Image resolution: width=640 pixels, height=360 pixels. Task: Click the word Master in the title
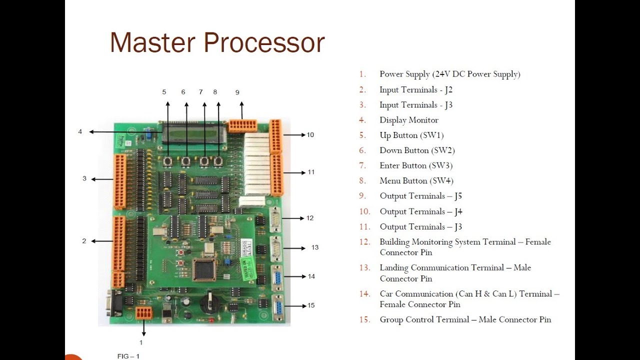152,42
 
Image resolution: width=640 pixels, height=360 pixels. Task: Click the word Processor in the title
263,42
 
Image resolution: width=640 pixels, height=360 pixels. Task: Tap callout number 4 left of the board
80,132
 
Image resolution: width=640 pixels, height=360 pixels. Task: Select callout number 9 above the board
237,92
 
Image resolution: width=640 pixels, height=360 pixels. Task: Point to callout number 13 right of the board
314,247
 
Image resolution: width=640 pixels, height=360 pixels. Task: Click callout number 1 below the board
141,342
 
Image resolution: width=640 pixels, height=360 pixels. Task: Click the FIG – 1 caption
128,356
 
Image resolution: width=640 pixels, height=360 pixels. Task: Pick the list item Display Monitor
408,120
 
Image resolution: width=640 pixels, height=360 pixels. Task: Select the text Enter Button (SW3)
416,165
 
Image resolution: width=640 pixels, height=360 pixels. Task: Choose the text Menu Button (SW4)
416,180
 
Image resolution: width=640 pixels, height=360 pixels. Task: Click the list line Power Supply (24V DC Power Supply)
449,74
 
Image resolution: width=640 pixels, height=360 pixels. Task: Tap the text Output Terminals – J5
420,196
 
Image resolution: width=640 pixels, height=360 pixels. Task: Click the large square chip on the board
204,269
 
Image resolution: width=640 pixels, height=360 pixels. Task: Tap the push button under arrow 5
168,161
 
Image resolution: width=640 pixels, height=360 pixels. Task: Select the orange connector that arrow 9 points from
242,125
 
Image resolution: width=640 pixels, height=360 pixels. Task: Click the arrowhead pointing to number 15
302,305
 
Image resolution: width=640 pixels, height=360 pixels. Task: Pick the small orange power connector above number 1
143,313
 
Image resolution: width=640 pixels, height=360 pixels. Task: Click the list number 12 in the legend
364,242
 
